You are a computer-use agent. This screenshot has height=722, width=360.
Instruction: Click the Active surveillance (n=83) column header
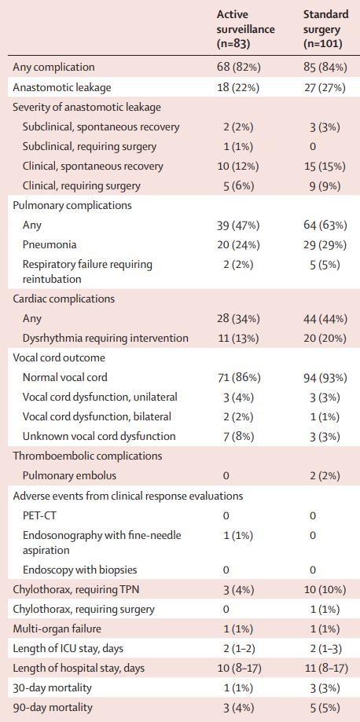pyautogui.click(x=246, y=30)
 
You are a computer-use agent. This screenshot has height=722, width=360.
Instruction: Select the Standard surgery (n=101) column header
pyautogui.click(x=326, y=30)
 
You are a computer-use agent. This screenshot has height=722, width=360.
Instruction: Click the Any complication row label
pyautogui.click(x=54, y=68)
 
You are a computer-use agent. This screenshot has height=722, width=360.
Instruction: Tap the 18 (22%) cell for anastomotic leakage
pyautogui.click(x=238, y=87)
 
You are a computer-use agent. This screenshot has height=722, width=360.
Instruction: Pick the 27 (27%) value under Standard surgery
pyautogui.click(x=325, y=87)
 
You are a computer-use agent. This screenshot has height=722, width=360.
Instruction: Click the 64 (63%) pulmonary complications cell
pyautogui.click(x=325, y=225)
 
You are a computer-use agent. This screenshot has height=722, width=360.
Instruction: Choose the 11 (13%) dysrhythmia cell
pyautogui.click(x=238, y=339)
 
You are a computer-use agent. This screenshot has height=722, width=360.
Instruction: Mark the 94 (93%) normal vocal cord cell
pyautogui.click(x=325, y=378)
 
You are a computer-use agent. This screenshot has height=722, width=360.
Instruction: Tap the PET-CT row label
pyautogui.click(x=39, y=515)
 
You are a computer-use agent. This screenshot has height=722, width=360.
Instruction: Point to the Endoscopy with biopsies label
pyautogui.click(x=79, y=570)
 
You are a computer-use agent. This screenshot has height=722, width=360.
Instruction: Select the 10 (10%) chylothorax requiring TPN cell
pyautogui.click(x=325, y=590)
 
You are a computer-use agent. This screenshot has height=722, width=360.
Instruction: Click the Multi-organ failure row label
pyautogui.click(x=57, y=629)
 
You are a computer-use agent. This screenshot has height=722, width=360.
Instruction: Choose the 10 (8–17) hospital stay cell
pyautogui.click(x=238, y=669)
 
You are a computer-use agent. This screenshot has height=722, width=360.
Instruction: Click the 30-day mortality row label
pyautogui.click(x=53, y=688)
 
